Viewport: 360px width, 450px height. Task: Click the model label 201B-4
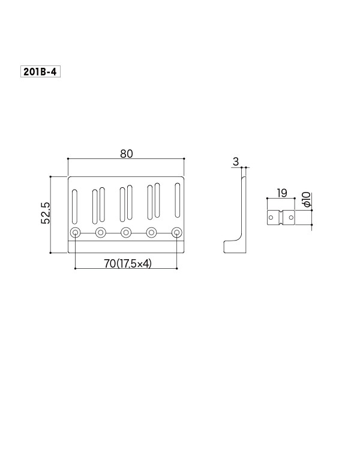(40, 72)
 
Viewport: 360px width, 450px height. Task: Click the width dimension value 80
(127, 154)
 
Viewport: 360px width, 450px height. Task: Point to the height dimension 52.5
(46, 213)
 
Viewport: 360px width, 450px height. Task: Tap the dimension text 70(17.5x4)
(128, 263)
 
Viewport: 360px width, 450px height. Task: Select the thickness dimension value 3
(236, 162)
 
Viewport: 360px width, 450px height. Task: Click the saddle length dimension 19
(282, 193)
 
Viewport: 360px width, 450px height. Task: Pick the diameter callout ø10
(307, 199)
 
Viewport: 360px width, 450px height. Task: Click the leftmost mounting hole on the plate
(75, 232)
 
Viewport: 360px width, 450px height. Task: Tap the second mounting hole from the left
(101, 232)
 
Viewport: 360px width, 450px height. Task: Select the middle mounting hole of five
(126, 232)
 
